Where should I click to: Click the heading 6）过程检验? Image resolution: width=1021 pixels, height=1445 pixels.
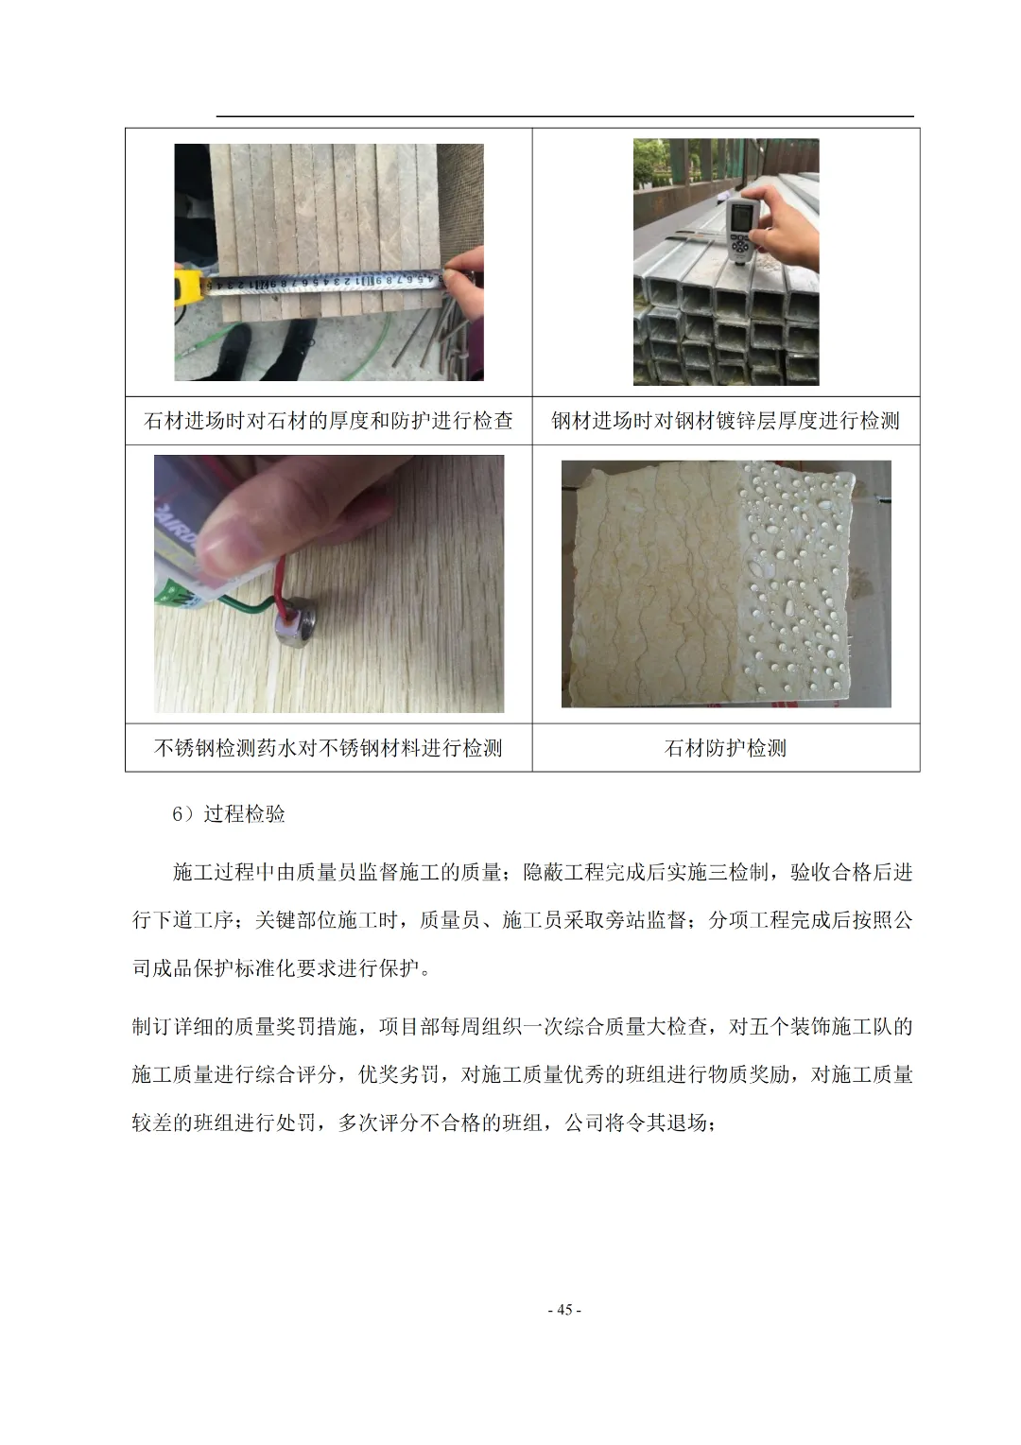click(228, 813)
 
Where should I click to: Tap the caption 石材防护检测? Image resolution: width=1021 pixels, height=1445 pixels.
click(725, 748)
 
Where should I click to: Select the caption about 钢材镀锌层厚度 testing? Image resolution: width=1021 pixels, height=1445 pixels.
click(726, 421)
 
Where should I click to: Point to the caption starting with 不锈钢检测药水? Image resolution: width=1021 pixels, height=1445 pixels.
click(328, 748)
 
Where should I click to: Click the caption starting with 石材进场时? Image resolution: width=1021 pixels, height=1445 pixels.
click(328, 421)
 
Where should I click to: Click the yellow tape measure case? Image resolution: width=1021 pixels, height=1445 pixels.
click(189, 287)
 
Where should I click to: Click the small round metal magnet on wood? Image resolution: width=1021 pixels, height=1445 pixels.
click(295, 630)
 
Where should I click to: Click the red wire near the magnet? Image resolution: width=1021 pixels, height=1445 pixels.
click(280, 588)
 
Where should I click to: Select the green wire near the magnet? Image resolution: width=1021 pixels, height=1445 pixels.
click(249, 603)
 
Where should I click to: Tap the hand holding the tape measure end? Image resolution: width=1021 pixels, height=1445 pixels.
click(463, 284)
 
